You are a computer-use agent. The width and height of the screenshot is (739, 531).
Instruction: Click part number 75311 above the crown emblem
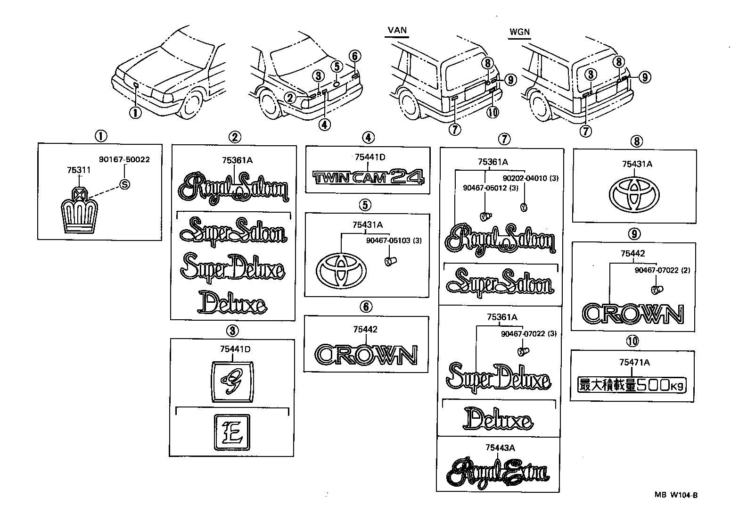coord(79,170)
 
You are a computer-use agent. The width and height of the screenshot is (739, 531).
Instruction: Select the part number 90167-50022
coord(124,160)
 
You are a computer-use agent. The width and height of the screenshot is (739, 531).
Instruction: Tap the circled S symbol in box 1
coord(124,184)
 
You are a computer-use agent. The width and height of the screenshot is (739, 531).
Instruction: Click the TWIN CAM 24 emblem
coord(369,177)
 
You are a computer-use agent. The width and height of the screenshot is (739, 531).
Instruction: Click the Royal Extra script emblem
coord(498,472)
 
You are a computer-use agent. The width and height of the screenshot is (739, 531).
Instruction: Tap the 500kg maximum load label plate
coord(632,385)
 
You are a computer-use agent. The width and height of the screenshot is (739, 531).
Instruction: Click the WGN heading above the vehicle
coord(519,32)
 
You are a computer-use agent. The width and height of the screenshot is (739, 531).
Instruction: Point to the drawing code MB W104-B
coord(675,495)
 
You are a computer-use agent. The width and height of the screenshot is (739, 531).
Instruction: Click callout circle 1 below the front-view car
coord(135,113)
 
